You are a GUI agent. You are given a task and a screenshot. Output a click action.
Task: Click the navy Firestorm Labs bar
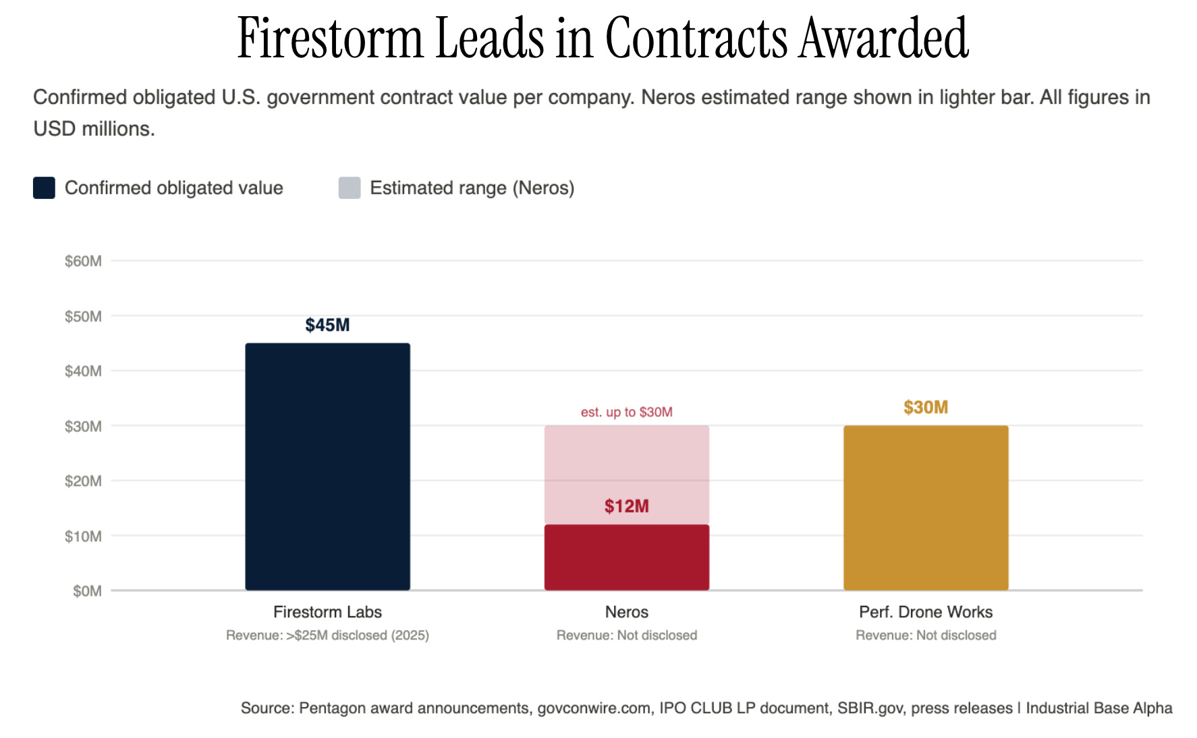(327, 467)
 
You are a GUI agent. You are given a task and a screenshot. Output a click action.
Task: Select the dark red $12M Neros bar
(627, 557)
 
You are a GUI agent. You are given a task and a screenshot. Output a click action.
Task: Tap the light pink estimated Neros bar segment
(627, 475)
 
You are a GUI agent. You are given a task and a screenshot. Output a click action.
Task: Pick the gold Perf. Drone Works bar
(926, 508)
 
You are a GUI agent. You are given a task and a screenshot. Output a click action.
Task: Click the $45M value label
(327, 325)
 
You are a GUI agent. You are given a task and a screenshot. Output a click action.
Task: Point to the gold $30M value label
(926, 407)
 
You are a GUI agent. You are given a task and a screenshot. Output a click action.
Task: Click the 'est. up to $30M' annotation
(627, 412)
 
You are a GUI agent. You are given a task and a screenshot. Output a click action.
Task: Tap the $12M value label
(627, 507)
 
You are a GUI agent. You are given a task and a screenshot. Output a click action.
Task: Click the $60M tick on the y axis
(83, 261)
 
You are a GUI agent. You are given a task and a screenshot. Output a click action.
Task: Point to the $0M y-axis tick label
(87, 591)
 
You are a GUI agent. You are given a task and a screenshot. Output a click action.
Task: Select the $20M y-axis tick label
(83, 481)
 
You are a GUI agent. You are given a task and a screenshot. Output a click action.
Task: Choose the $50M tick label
(83, 316)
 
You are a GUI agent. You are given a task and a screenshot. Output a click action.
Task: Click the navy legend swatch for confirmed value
(44, 188)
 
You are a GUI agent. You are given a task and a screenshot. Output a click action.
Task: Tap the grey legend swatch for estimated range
(350, 188)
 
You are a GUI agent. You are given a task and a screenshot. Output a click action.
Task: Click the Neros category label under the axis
(627, 612)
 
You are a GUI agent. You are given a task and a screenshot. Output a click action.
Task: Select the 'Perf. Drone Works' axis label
(926, 612)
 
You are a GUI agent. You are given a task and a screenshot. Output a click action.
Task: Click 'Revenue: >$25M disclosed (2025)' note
(327, 635)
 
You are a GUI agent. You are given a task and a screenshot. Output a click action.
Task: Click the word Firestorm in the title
(330, 38)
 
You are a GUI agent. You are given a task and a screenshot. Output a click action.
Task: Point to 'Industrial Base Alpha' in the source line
(1099, 708)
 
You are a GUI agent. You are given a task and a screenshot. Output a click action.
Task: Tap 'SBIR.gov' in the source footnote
(870, 708)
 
